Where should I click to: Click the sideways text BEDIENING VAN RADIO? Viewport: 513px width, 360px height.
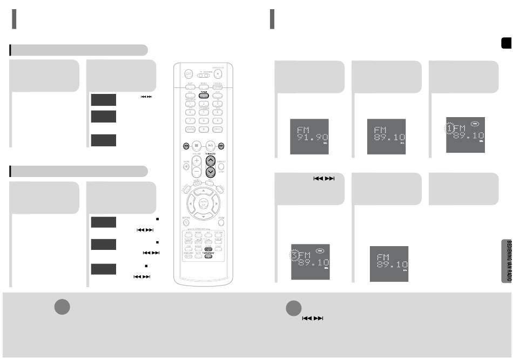coord(508,260)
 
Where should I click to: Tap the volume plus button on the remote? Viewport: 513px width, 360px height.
coord(197,161)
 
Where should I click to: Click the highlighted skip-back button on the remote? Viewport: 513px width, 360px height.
coord(186,145)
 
